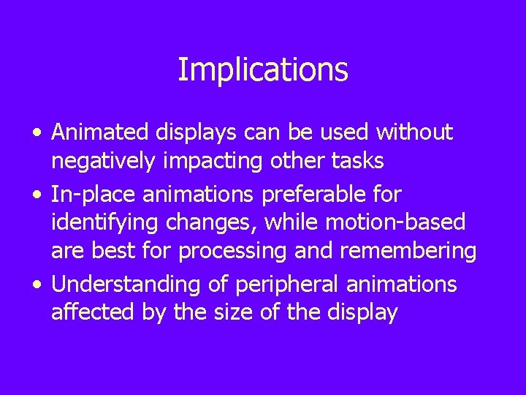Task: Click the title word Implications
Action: pos(263,70)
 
